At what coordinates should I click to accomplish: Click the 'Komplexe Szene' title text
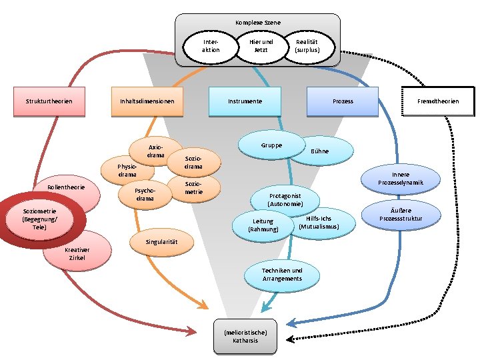point(258,22)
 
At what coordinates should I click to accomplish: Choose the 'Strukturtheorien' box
point(49,101)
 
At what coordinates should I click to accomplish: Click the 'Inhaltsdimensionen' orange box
point(147,101)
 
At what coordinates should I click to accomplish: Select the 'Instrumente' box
point(245,101)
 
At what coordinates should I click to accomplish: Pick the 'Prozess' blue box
point(343,101)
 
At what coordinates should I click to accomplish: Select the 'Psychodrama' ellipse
point(145,194)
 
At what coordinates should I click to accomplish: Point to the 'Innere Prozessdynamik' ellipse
point(399,179)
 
